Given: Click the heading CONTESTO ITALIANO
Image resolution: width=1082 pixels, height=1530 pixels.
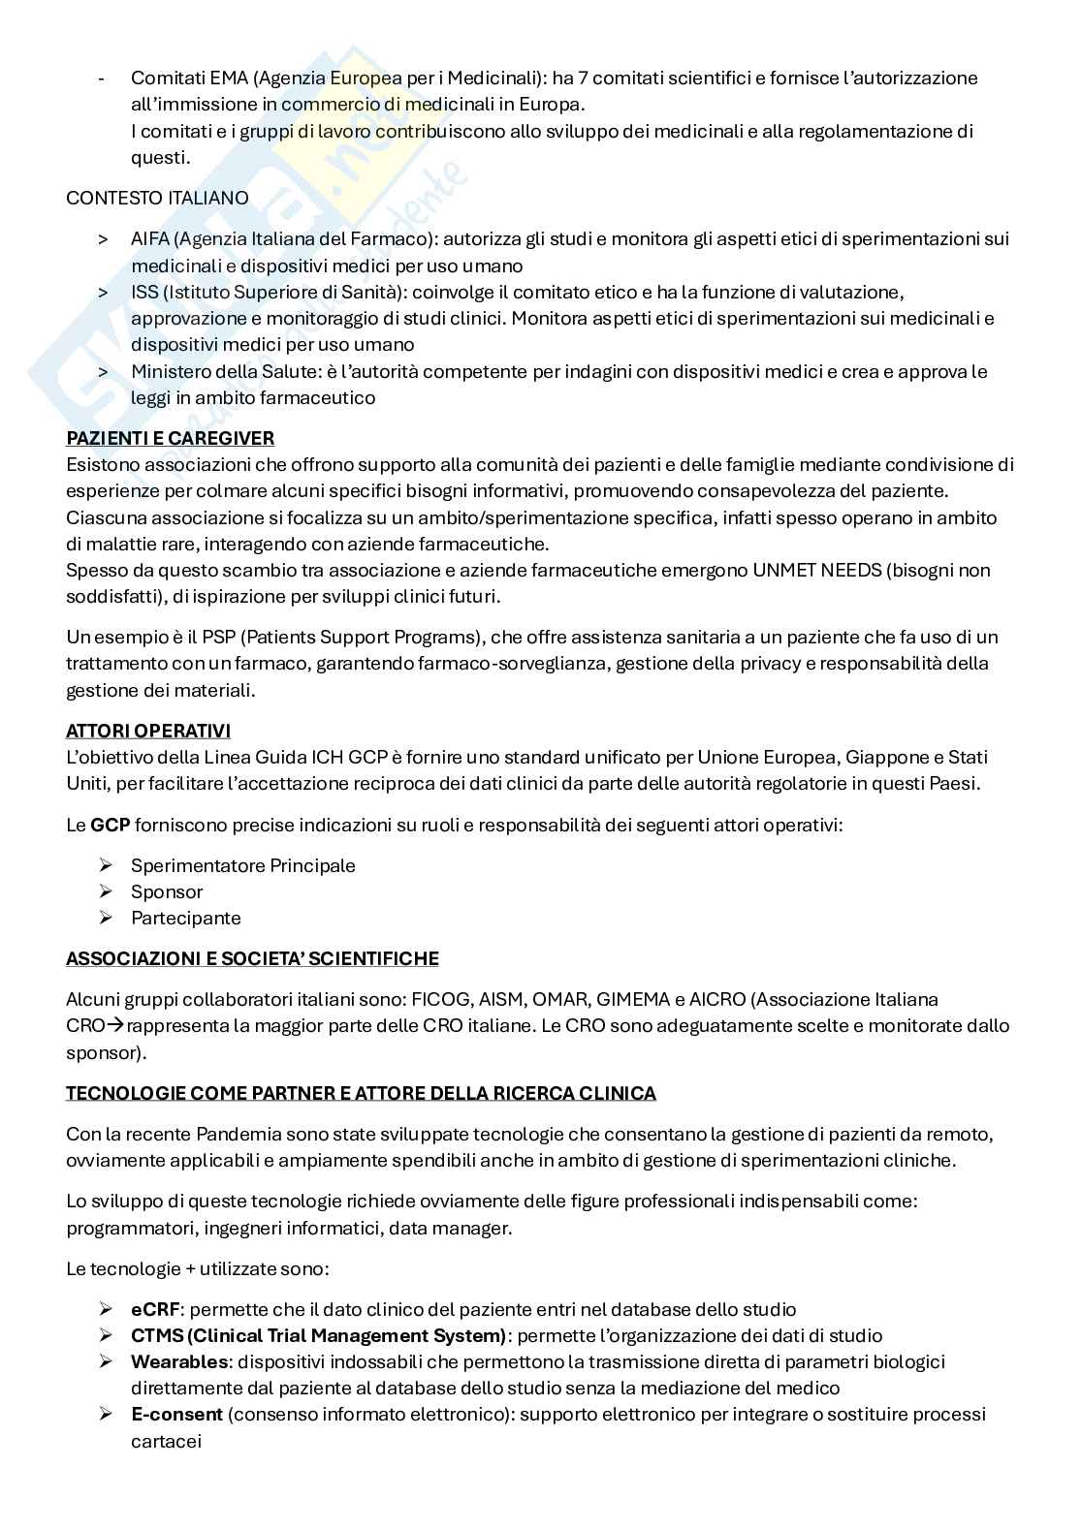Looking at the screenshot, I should coord(157,198).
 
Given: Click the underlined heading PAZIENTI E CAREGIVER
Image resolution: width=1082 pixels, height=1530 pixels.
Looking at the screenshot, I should coord(170,438).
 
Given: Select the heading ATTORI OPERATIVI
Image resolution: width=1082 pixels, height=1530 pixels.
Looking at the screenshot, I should coord(147,731).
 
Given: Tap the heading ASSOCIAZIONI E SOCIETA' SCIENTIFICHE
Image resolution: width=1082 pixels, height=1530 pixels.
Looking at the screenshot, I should coord(252,959).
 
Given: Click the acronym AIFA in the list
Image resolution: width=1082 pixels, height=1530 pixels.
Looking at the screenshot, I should coord(149,239).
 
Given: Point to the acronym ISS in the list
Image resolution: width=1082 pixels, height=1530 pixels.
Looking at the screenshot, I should coord(143,293).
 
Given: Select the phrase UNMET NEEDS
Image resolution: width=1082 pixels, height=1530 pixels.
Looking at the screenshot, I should coord(815,571).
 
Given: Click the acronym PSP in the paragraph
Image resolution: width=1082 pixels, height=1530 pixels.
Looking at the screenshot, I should coord(186,638).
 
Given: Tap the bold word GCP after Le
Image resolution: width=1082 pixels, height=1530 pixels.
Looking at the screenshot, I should coord(110,826).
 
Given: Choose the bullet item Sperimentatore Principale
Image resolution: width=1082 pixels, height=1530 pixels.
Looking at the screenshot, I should coord(242,866).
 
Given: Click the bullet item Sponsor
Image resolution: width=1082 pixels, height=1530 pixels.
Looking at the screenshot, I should coord(167,892).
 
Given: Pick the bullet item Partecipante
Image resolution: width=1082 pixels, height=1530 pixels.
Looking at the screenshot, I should coord(185,919).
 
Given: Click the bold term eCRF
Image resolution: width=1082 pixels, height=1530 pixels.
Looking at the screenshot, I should coord(155,1310).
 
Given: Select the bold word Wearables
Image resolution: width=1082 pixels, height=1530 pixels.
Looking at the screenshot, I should coord(179,1362).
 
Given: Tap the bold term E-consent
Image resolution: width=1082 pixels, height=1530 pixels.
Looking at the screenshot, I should coord(176,1415).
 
